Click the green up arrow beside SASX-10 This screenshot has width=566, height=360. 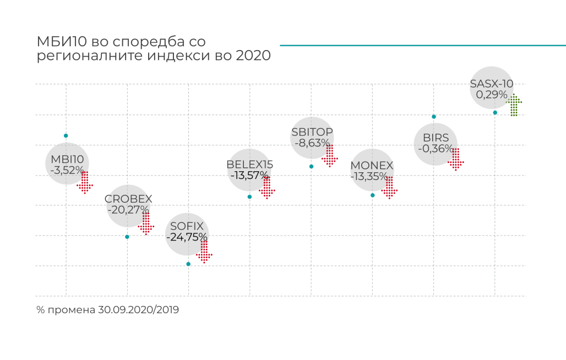point(514,105)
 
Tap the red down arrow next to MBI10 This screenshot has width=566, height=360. point(85,182)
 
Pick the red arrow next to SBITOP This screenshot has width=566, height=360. point(330,156)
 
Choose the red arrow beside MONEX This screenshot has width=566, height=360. point(389,187)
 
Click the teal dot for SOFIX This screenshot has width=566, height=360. point(188,264)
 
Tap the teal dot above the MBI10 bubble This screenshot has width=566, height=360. point(66,135)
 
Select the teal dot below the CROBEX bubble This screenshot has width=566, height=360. point(127,237)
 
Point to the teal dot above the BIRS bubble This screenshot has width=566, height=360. point(434,117)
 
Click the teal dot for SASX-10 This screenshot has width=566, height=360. point(495,113)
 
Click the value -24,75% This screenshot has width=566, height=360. point(187,237)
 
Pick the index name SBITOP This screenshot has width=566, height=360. point(312,132)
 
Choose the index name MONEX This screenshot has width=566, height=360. point(372,166)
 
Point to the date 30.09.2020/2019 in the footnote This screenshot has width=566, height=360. point(139,310)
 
